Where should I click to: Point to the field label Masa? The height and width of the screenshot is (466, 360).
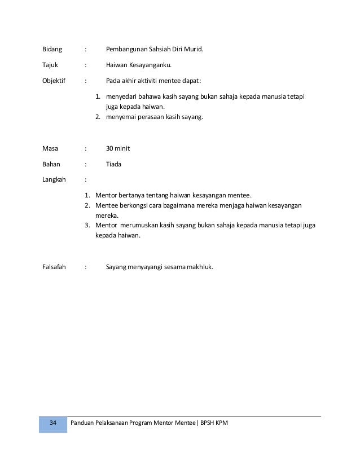tap(51, 148)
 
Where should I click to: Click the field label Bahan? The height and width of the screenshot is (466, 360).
tap(51, 164)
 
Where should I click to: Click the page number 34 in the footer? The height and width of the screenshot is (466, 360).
tap(53, 423)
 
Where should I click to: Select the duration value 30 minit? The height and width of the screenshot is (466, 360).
tap(118, 148)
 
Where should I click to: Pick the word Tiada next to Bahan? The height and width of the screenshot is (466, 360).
tap(113, 164)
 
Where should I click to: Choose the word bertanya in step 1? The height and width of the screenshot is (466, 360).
tap(134, 195)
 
